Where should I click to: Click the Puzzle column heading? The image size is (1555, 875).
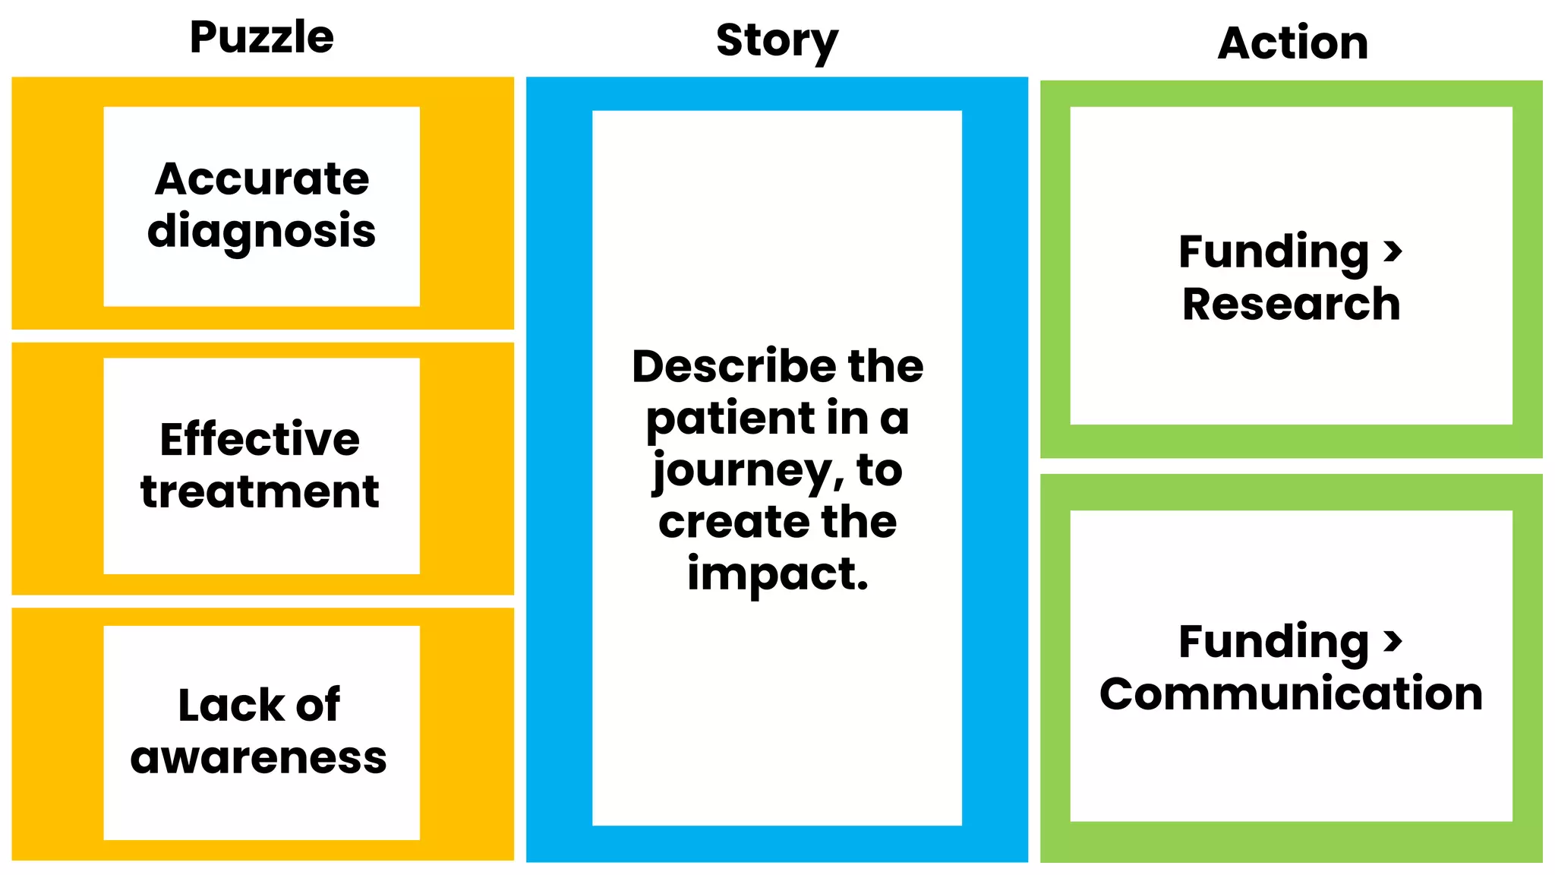pyautogui.click(x=261, y=38)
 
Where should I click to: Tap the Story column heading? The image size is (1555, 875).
pyautogui.click(x=777, y=41)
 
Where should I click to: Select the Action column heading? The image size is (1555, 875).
pyautogui.click(x=1292, y=43)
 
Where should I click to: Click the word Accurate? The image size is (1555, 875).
pyautogui.click(x=262, y=179)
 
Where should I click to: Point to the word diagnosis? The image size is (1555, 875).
pyautogui.click(x=262, y=231)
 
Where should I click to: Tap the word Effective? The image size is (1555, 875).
pyautogui.click(x=260, y=439)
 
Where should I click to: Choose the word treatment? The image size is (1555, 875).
pyautogui.click(x=260, y=491)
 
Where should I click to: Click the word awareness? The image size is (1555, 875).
pyautogui.click(x=259, y=758)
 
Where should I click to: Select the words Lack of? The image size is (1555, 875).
pyautogui.click(x=259, y=705)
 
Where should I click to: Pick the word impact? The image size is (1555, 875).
pyautogui.click(x=777, y=573)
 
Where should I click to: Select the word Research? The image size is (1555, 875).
pyautogui.click(x=1291, y=304)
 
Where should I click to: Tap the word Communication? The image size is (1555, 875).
pyautogui.click(x=1291, y=693)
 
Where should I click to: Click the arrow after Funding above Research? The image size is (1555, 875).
pyautogui.click(x=1393, y=251)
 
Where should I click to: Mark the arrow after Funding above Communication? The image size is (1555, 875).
pyautogui.click(x=1393, y=641)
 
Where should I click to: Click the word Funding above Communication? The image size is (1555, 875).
pyautogui.click(x=1273, y=642)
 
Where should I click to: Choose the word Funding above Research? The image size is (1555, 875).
pyautogui.click(x=1273, y=252)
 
